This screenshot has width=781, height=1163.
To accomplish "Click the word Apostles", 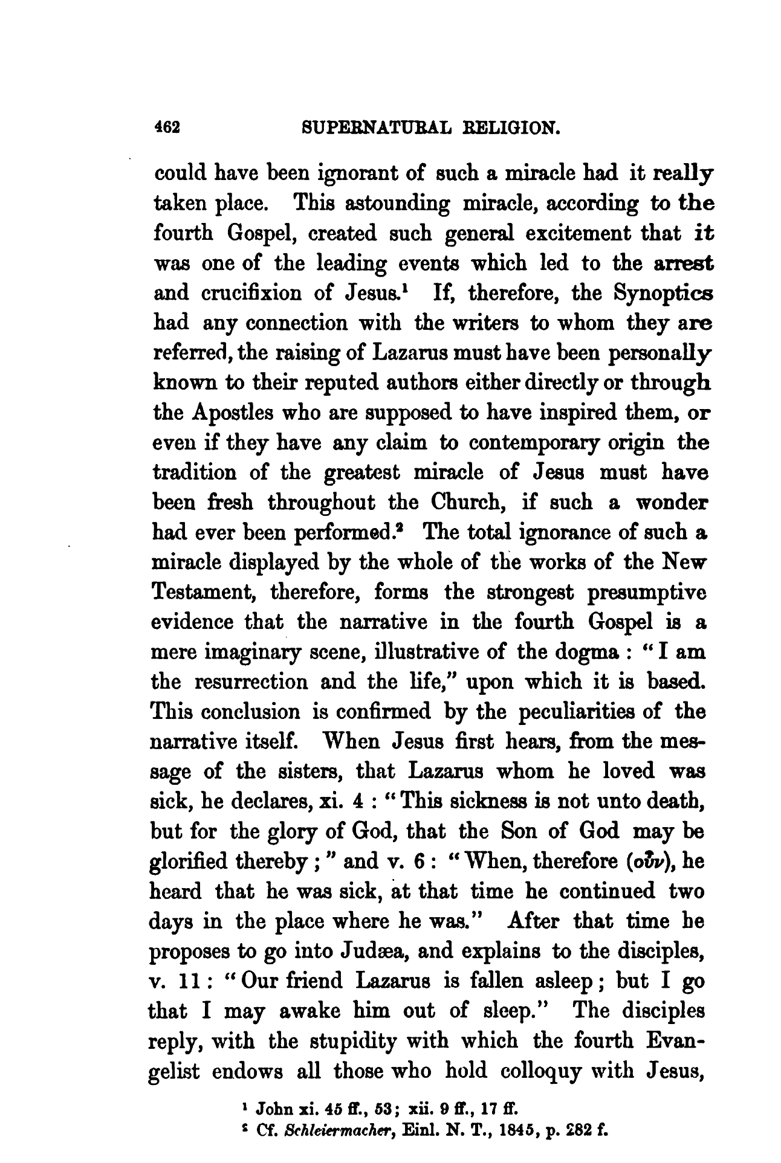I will tap(216, 414).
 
